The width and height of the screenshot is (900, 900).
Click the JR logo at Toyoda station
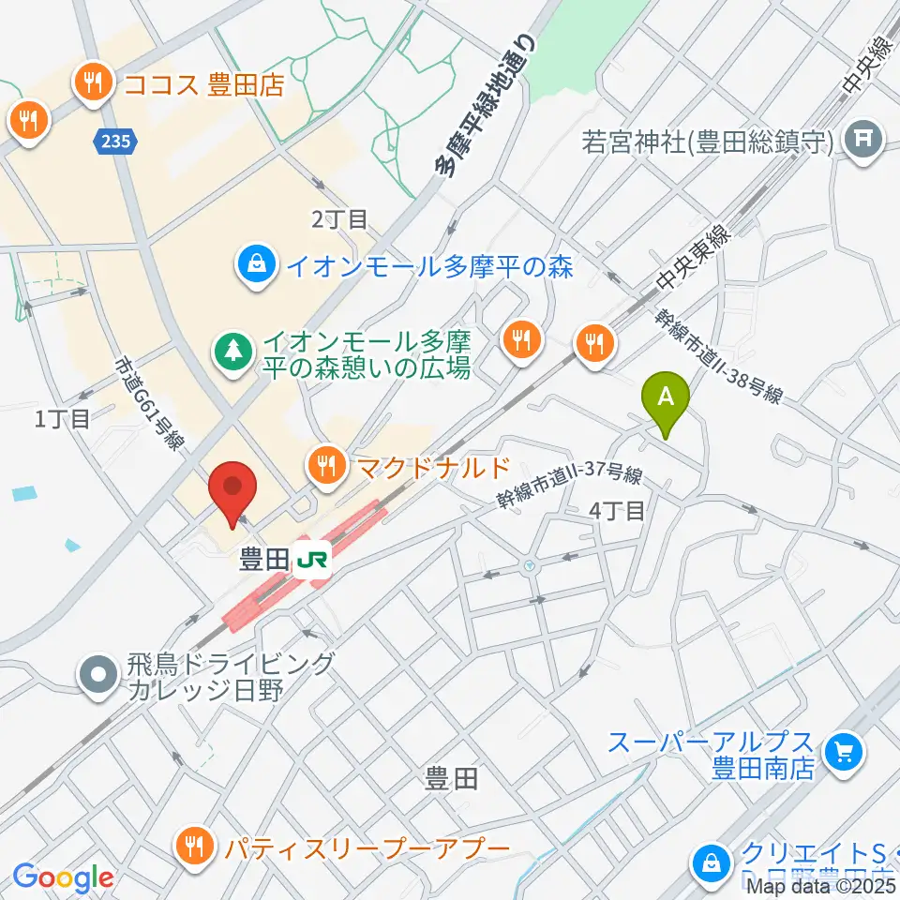click(313, 561)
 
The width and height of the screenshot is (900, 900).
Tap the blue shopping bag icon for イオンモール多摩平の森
click(256, 266)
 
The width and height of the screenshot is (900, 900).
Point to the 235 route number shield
click(117, 142)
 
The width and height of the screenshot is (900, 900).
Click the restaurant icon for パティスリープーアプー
click(195, 848)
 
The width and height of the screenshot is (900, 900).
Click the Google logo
click(63, 877)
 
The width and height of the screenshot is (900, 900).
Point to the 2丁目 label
click(339, 220)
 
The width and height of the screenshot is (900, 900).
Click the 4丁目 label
click(617, 511)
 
